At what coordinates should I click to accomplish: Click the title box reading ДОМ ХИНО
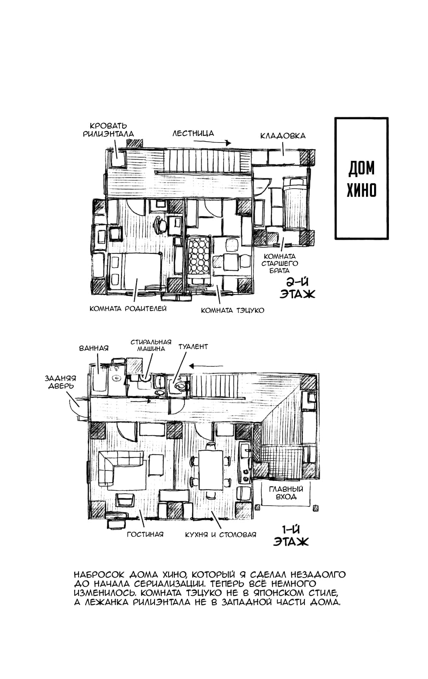(361, 179)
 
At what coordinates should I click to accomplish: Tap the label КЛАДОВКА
(283, 136)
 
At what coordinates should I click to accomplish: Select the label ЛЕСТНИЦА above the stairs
(193, 133)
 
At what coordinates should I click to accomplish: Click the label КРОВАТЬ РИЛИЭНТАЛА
(108, 130)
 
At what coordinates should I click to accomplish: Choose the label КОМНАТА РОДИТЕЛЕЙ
(128, 309)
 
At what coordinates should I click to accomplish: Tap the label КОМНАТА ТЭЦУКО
(232, 310)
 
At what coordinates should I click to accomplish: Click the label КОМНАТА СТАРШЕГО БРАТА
(280, 264)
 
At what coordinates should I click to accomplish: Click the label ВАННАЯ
(94, 348)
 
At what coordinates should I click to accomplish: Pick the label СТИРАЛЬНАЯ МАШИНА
(151, 345)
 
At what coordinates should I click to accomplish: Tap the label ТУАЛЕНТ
(193, 346)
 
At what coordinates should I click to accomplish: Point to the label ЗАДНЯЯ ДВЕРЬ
(60, 382)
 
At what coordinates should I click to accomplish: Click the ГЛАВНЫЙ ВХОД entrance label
(286, 493)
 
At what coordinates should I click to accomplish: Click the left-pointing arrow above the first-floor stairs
(206, 366)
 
